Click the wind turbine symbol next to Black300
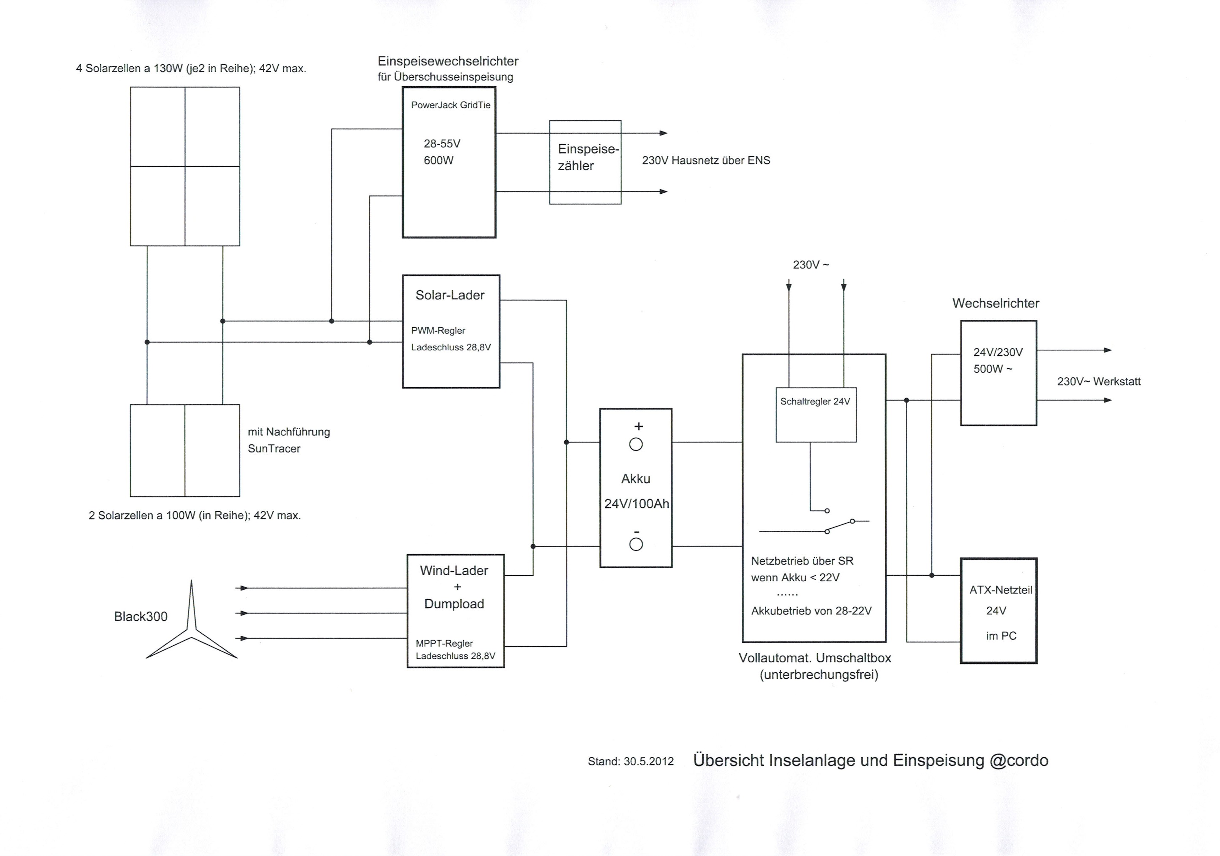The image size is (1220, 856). click(x=191, y=628)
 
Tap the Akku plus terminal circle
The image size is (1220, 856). click(x=636, y=445)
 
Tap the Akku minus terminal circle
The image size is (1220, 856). click(x=636, y=544)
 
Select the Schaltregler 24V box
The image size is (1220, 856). click(x=816, y=415)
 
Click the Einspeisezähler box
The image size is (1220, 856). click(x=585, y=162)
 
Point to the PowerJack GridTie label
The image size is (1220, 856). click(x=451, y=105)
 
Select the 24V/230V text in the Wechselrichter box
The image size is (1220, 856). click(x=997, y=352)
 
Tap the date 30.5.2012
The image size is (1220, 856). click(x=648, y=761)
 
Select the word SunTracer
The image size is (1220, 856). click(x=274, y=449)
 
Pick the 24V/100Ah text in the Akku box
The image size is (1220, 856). click(x=636, y=504)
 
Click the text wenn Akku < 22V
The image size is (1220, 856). click(x=795, y=577)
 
